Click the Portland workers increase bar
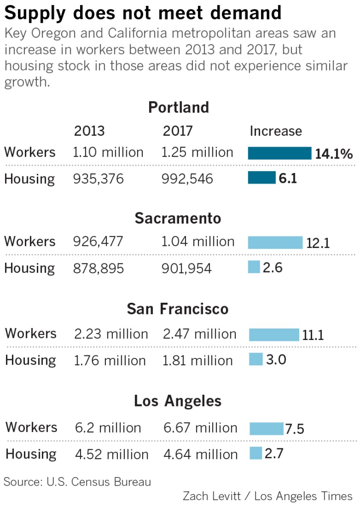tap(279, 153)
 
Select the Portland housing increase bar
tap(261, 178)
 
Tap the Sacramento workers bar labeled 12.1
tap(275, 242)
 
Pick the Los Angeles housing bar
tap(256, 453)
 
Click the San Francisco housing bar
tap(256, 359)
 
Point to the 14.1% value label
tap(334, 154)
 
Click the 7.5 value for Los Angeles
tap(294, 429)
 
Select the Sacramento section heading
tap(178, 218)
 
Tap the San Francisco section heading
tap(177, 309)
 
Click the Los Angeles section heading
tap(177, 401)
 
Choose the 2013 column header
tap(89, 131)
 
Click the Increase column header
tap(276, 131)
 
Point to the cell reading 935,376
tap(98, 179)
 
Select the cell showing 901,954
tap(186, 268)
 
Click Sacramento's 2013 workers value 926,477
tap(98, 242)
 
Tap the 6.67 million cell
tap(200, 428)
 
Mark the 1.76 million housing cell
tap(110, 361)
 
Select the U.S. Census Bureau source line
tap(78, 482)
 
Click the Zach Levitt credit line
tap(267, 496)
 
